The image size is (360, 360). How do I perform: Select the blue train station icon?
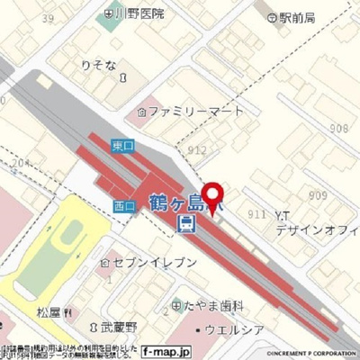[185, 222]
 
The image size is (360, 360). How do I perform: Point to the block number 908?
[338, 129]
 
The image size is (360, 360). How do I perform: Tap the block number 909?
[317, 194]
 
